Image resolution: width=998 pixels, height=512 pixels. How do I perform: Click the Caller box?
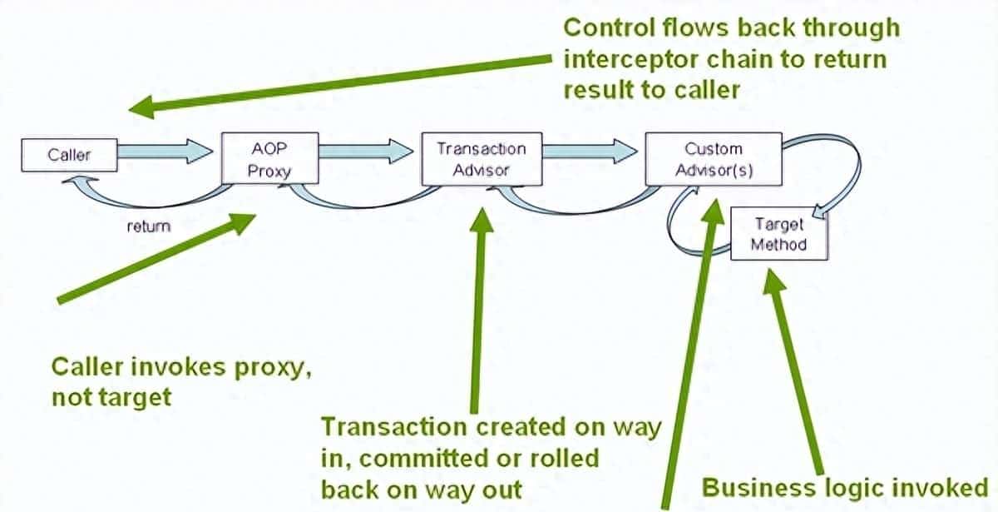click(x=69, y=155)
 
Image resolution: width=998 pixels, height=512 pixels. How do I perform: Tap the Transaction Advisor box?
click(x=482, y=159)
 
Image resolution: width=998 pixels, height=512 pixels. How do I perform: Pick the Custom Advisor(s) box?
click(x=713, y=159)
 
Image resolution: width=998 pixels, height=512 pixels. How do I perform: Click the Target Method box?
click(x=778, y=234)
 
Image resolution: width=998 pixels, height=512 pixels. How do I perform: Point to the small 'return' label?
click(x=149, y=226)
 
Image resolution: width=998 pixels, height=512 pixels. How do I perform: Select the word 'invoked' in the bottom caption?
click(x=941, y=487)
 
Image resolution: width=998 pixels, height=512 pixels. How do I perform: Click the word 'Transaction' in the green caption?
click(x=393, y=427)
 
